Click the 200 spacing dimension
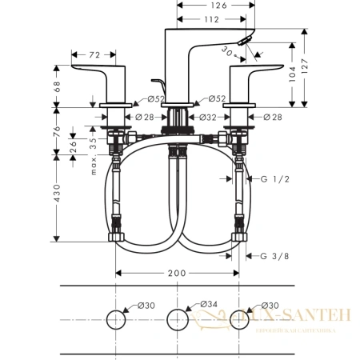[x=177, y=273]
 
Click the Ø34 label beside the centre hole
[x=206, y=305]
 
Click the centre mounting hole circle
[x=178, y=320]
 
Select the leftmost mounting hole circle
[x=115, y=320]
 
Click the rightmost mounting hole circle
[x=239, y=320]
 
